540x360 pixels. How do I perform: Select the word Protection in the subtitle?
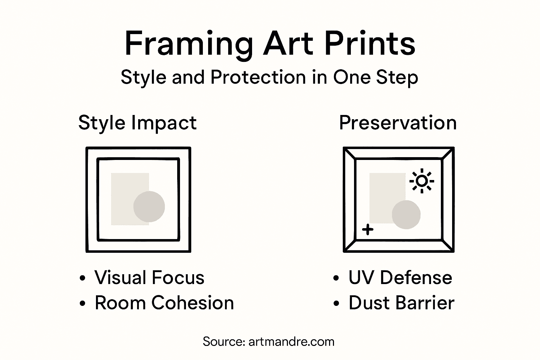tap(258, 77)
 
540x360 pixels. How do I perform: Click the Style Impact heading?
tap(137, 123)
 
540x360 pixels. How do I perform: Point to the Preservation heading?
tap(398, 123)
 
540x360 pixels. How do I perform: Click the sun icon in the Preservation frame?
tap(422, 181)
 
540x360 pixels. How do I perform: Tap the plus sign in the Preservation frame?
tap(368, 230)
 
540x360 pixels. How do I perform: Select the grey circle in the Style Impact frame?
tap(149, 207)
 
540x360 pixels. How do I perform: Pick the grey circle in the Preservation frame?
tap(406, 214)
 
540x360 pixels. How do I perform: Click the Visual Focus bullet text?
tap(149, 277)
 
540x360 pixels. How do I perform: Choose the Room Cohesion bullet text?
tap(164, 303)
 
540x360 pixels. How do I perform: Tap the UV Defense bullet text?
tap(400, 277)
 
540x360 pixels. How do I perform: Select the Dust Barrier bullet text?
tap(401, 303)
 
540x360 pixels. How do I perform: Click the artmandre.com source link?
tap(291, 342)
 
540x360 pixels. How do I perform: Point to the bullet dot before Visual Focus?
tap(83, 278)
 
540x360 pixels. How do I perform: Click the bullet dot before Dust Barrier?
tap(336, 303)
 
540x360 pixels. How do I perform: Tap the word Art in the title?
tap(288, 44)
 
